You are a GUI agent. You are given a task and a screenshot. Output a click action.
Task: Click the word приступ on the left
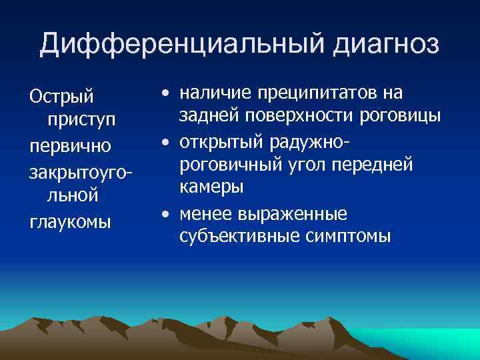[x=81, y=121]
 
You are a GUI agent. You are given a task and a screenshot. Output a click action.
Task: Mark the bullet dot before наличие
[x=164, y=93]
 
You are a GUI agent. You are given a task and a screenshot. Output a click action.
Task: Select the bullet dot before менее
[x=164, y=213]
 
